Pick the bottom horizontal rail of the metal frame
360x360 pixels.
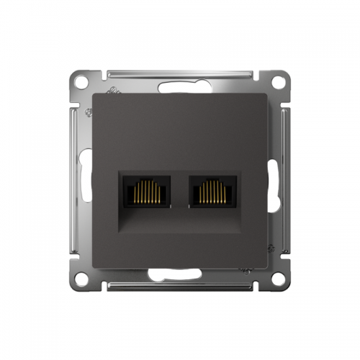(x=180, y=285)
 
